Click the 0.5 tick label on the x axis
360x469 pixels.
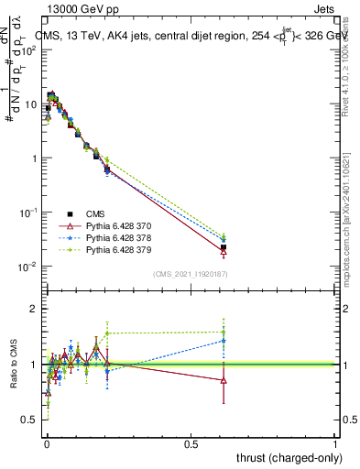click(191, 444)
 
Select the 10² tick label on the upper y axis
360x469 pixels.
click(28, 49)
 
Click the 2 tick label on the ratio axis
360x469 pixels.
click(34, 310)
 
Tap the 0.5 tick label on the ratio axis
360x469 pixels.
click(29, 420)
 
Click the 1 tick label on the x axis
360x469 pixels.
click(335, 444)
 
